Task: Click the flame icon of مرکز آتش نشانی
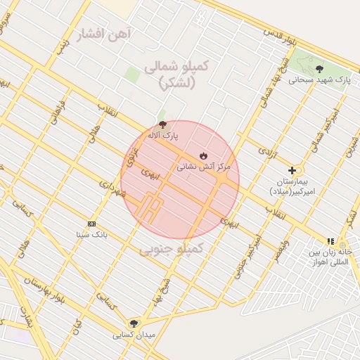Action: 203,155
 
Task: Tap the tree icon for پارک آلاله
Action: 163,124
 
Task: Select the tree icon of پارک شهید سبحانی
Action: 320,69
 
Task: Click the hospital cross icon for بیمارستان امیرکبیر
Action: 292,170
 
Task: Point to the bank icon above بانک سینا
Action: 91,223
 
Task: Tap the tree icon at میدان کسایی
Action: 134,323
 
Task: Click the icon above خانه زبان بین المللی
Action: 330,242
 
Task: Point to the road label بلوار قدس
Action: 277,34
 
